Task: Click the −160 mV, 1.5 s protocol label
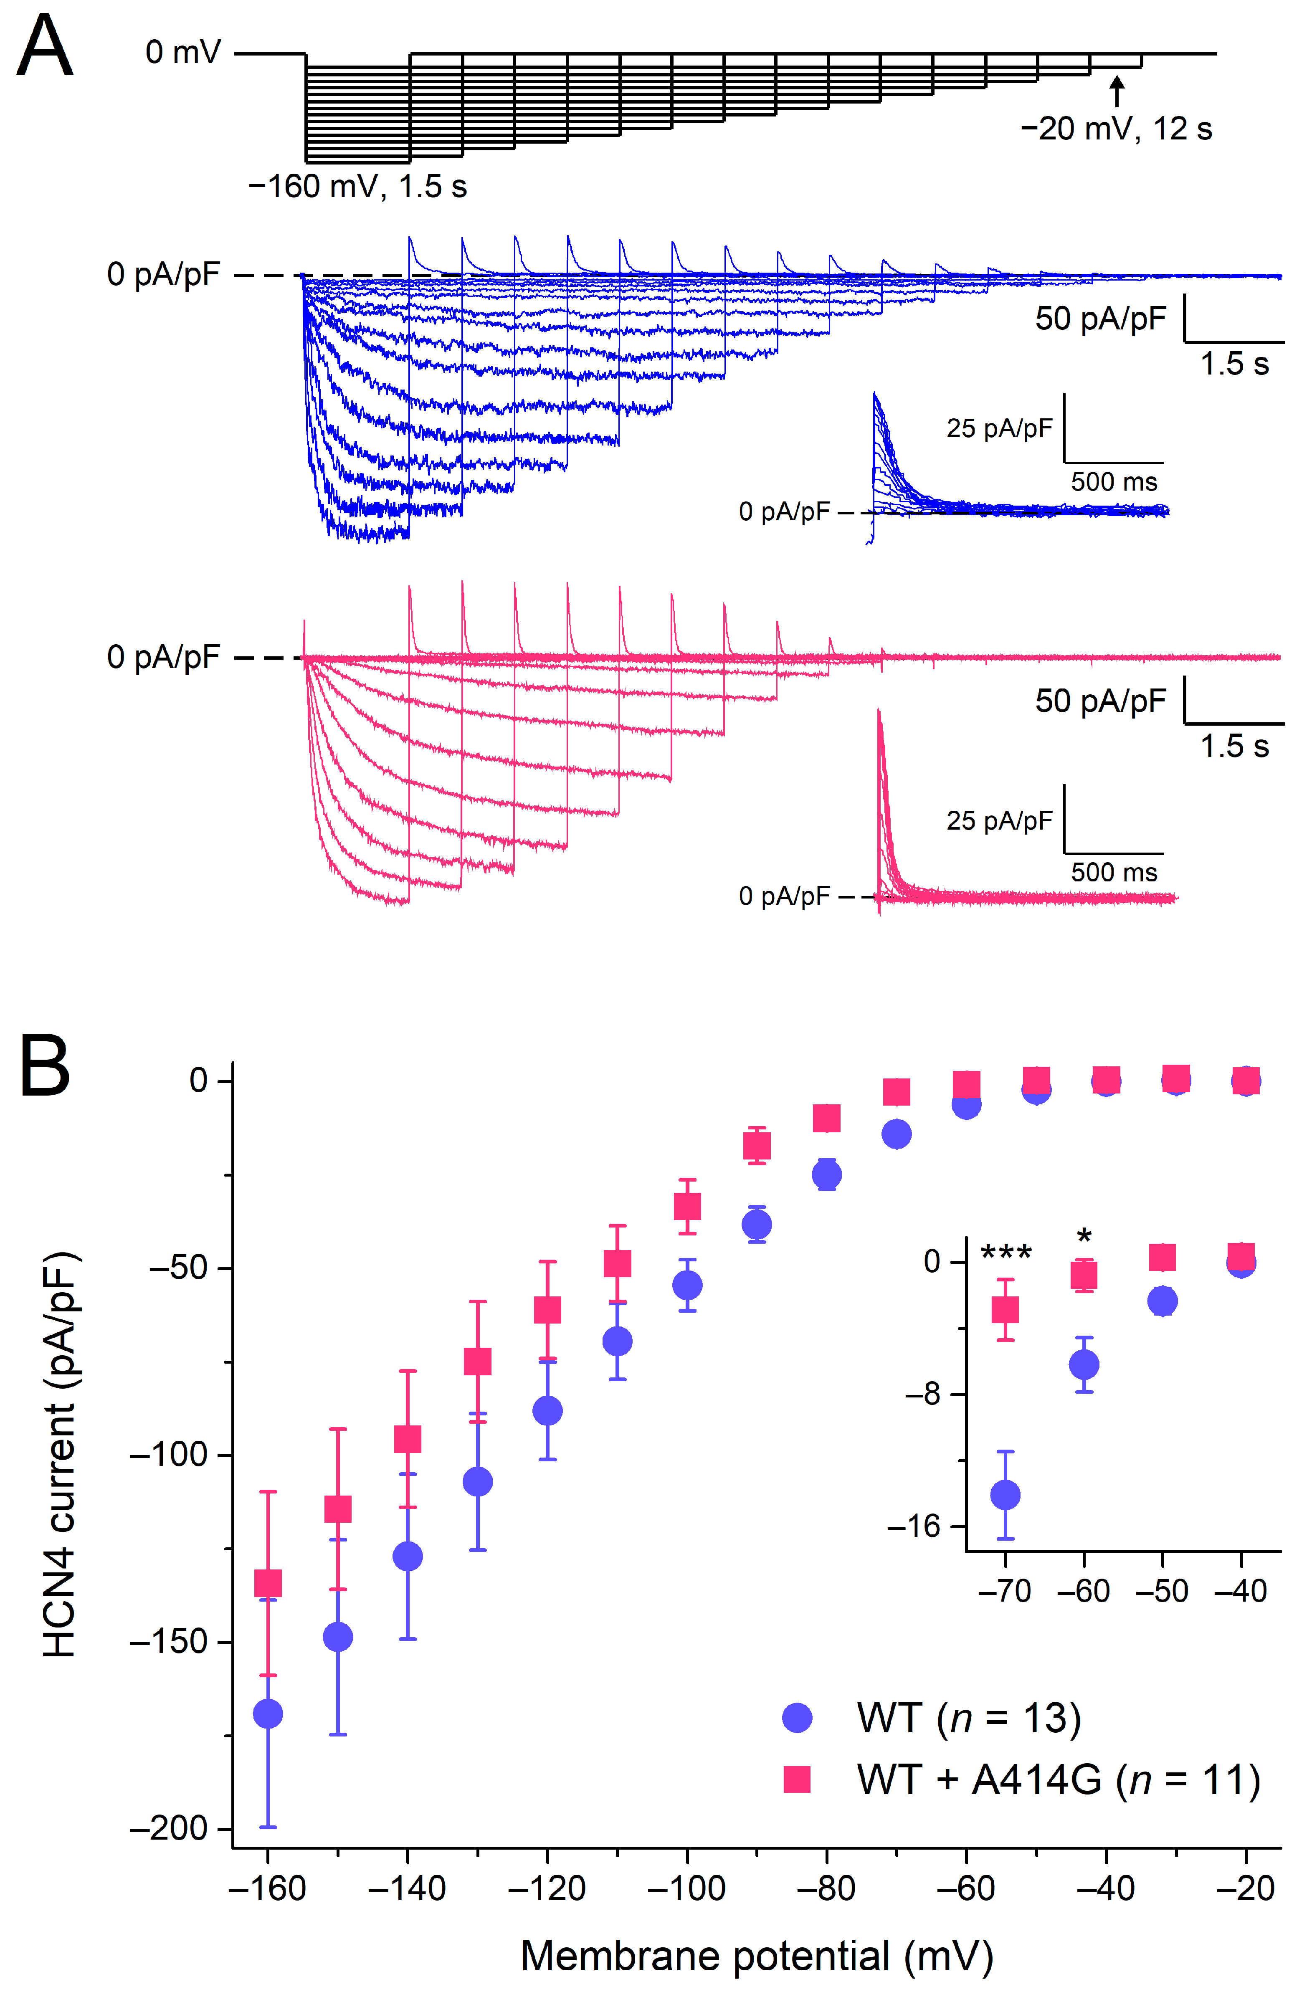[x=357, y=186]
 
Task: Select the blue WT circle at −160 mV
[x=268, y=1714]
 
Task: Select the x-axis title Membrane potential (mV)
[x=757, y=1957]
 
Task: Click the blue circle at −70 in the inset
[x=1006, y=1495]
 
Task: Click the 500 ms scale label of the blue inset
[x=1114, y=482]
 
